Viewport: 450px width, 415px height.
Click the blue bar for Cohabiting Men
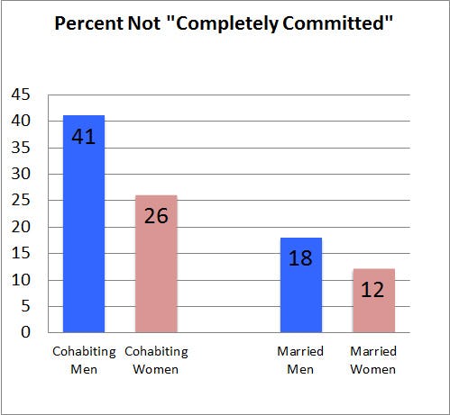84,225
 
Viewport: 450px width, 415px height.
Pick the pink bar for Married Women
373,301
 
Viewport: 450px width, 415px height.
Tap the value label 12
373,291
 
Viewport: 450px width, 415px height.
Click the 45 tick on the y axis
21,95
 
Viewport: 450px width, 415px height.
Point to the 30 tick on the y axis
21,174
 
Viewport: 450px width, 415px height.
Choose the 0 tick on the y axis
25,332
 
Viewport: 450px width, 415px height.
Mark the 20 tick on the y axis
21,227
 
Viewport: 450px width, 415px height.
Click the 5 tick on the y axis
25,306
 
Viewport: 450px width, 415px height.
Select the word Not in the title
146,23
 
